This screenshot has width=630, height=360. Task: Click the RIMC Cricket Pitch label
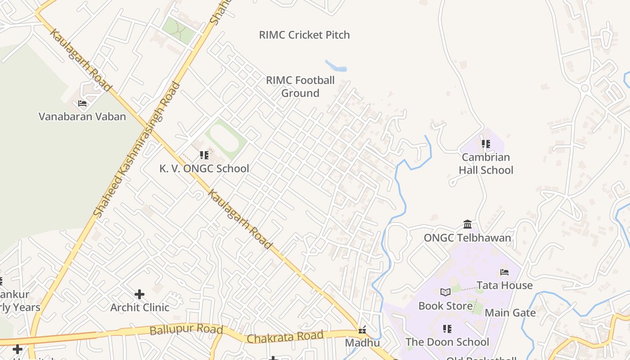pos(304,35)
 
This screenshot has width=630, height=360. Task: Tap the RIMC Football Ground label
pos(300,86)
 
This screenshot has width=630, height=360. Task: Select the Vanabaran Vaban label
pos(82,117)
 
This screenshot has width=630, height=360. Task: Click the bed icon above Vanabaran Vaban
pos(82,103)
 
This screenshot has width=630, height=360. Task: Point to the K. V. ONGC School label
pos(204,168)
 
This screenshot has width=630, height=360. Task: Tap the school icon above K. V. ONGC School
pos(204,155)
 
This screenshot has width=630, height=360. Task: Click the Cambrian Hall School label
pos(486,163)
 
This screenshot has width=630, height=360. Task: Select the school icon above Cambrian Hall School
pos(486,144)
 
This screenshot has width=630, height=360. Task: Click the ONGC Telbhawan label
pos(467,238)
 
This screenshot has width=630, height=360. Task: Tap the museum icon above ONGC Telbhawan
pos(468,224)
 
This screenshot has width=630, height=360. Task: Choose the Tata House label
pos(504,285)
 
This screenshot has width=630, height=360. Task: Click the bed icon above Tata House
pos(504,272)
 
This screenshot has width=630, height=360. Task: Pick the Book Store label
pos(445,306)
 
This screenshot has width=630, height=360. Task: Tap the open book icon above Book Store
pos(445,292)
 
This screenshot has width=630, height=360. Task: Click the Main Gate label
pos(510,313)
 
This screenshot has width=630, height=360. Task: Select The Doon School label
pos(447,342)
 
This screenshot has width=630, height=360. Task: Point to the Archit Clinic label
pos(139,307)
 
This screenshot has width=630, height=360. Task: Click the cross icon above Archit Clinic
pos(139,294)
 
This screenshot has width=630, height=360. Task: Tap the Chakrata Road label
pos(285,337)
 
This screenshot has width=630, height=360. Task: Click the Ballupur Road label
pos(186,329)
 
